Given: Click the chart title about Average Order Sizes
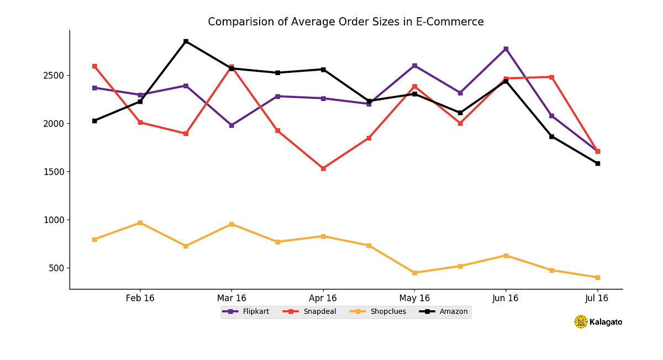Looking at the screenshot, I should [x=345, y=22].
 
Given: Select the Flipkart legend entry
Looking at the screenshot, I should [x=246, y=311].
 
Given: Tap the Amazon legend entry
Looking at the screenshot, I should [x=444, y=311].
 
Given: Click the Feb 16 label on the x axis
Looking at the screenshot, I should [x=140, y=298].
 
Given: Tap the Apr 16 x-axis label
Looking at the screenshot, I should [x=323, y=298].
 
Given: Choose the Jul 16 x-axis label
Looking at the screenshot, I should [x=597, y=298].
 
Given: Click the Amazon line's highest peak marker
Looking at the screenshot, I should [x=186, y=41].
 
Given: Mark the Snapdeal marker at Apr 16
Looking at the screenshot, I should [x=323, y=168].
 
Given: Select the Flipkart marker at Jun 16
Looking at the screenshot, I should [x=506, y=49].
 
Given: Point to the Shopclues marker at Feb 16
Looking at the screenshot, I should [x=140, y=223].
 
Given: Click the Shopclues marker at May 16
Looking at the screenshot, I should [x=414, y=273].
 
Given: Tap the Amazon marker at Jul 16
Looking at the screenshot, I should [x=598, y=163].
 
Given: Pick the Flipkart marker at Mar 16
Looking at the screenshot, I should [x=231, y=125].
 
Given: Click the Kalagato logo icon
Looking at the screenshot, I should [x=581, y=322].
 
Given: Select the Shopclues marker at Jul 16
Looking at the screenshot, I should [x=598, y=277].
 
